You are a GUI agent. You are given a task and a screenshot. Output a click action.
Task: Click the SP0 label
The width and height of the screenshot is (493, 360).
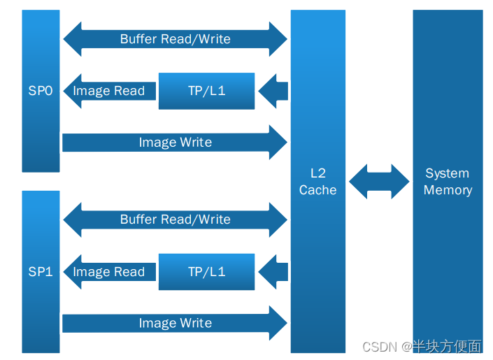pyautogui.click(x=41, y=91)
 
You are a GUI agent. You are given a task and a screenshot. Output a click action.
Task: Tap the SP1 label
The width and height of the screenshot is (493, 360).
pyautogui.click(x=41, y=272)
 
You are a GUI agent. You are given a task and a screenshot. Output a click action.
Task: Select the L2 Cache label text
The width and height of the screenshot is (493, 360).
pyautogui.click(x=317, y=182)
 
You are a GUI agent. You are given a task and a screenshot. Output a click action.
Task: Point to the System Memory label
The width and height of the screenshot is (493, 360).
pyautogui.click(x=448, y=182)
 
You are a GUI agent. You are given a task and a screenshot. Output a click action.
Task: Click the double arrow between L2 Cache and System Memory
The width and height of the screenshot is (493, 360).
pyautogui.click(x=379, y=182)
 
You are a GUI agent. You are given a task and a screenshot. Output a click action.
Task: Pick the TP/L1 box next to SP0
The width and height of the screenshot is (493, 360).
pyautogui.click(x=206, y=91)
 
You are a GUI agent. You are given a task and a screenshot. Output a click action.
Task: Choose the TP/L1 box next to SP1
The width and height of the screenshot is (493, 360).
pyautogui.click(x=206, y=272)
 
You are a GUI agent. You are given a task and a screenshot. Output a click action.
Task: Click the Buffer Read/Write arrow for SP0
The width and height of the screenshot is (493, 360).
pyautogui.click(x=175, y=39)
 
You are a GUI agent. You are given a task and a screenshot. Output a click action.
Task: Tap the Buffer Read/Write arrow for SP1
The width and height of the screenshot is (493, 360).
pyautogui.click(x=175, y=219)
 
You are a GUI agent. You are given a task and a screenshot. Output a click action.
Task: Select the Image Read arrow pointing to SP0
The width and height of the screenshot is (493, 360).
pyautogui.click(x=108, y=91)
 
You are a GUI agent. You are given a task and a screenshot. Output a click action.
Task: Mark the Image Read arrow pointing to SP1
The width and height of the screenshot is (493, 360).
pyautogui.click(x=108, y=272)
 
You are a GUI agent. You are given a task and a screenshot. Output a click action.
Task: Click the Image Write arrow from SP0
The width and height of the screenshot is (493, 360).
pyautogui.click(x=175, y=143)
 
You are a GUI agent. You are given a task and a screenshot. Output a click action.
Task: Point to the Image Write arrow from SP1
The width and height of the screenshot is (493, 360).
pyautogui.click(x=175, y=323)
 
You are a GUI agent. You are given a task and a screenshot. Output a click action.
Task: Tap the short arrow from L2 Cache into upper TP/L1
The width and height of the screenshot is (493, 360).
pyautogui.click(x=274, y=91)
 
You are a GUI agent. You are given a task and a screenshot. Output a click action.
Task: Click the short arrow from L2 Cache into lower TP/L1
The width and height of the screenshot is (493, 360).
pyautogui.click(x=274, y=272)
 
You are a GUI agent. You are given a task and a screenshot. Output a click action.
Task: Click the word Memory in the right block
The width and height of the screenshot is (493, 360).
pyautogui.click(x=448, y=190)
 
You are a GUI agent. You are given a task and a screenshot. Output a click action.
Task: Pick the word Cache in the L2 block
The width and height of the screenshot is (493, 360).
pyautogui.click(x=317, y=190)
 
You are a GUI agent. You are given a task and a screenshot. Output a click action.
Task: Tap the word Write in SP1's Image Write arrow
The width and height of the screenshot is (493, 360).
pyautogui.click(x=195, y=323)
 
